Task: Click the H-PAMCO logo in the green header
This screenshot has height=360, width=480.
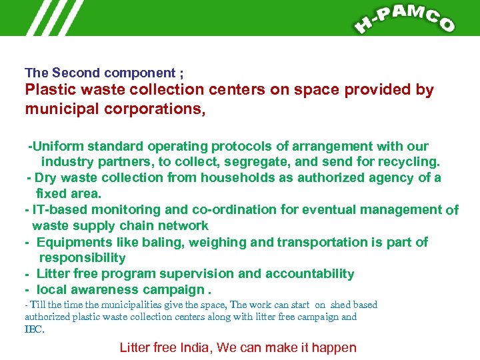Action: pos(405,18)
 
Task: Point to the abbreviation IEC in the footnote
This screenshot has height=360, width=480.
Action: pos(33,329)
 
